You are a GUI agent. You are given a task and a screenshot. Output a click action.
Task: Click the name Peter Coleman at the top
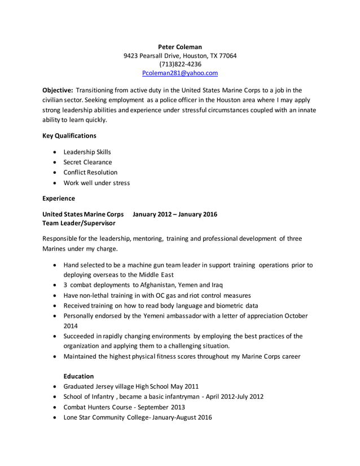pos(179,47)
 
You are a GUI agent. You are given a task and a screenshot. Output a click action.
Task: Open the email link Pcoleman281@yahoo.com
pos(179,73)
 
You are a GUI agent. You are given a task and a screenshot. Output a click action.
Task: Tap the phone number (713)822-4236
pos(179,64)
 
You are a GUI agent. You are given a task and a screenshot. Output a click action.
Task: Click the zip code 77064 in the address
pos(227,56)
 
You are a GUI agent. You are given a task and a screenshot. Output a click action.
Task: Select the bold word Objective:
pos(58,90)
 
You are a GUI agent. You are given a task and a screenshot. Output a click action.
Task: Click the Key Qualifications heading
pos(69,135)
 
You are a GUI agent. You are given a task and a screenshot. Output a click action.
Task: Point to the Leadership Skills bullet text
pos(87,152)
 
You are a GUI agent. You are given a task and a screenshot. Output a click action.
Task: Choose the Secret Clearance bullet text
pos(87,162)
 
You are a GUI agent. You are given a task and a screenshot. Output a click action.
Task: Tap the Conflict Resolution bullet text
pos(90,173)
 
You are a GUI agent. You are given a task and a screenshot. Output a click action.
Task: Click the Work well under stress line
pos(96,183)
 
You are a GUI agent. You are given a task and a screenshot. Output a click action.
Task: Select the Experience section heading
pos(59,199)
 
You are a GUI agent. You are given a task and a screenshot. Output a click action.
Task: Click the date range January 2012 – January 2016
pos(174,214)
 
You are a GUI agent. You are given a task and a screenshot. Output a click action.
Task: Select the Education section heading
pos(78,376)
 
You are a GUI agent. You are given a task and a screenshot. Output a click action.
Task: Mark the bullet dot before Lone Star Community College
pos(54,417)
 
